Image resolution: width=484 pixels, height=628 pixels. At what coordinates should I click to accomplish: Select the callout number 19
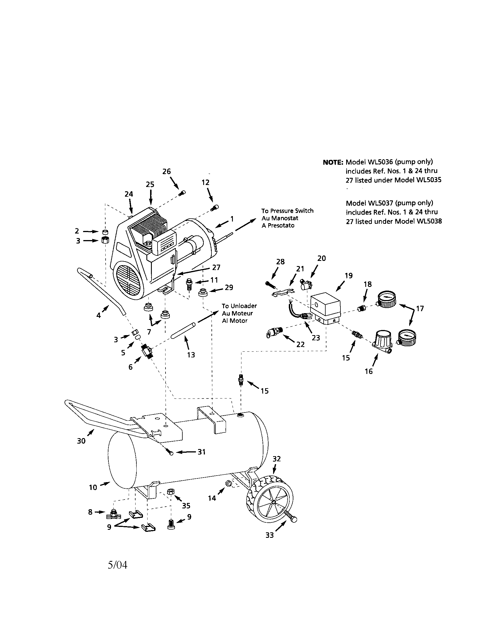[348, 276]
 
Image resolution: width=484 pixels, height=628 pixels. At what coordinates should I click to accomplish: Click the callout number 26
[166, 171]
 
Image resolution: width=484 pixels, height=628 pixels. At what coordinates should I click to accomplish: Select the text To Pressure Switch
[287, 211]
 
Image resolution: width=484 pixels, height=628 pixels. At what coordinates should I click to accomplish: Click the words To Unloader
[239, 306]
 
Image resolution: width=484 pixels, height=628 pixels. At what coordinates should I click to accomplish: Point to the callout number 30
[81, 441]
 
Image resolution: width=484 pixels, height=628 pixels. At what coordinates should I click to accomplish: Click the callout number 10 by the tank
[93, 487]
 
